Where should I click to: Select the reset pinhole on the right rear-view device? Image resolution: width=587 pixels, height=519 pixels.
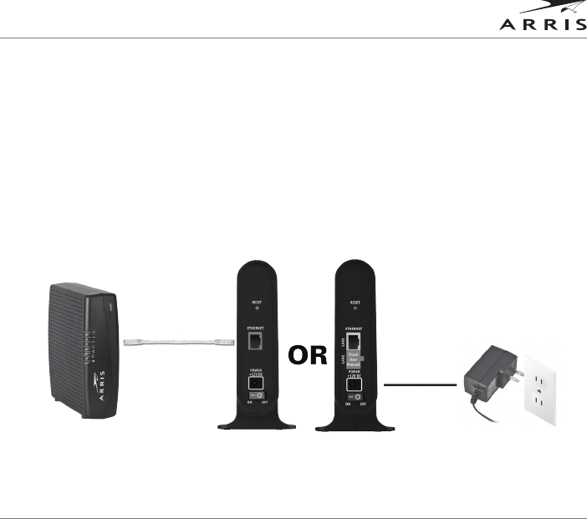[355, 308]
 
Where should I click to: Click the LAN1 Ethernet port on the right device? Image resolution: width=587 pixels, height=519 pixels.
[355, 341]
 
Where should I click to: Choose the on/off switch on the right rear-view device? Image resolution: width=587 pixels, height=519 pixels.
[355, 398]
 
